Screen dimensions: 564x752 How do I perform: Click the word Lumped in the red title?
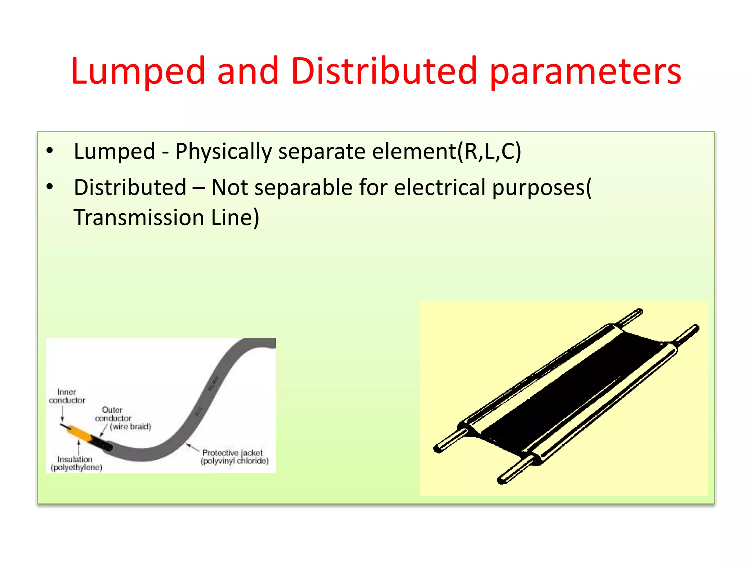coord(137,72)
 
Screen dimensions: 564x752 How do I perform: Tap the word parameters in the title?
coord(585,72)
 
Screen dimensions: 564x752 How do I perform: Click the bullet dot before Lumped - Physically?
coord(50,151)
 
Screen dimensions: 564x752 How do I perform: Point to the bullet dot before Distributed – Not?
coord(50,187)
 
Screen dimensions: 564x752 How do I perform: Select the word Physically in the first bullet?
coord(223,151)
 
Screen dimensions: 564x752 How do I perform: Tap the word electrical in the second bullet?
coord(440,187)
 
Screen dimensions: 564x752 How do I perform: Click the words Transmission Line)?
coord(166,217)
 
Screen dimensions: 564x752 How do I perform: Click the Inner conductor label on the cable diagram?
coord(67,396)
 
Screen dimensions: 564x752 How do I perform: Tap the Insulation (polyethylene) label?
coord(76,463)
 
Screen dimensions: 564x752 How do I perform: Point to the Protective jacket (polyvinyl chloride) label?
coord(234,457)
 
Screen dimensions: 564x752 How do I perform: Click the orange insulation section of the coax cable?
coord(79,433)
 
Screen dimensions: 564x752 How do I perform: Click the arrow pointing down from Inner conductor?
coord(62,415)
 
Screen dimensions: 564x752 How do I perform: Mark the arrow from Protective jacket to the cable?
coord(192,447)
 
